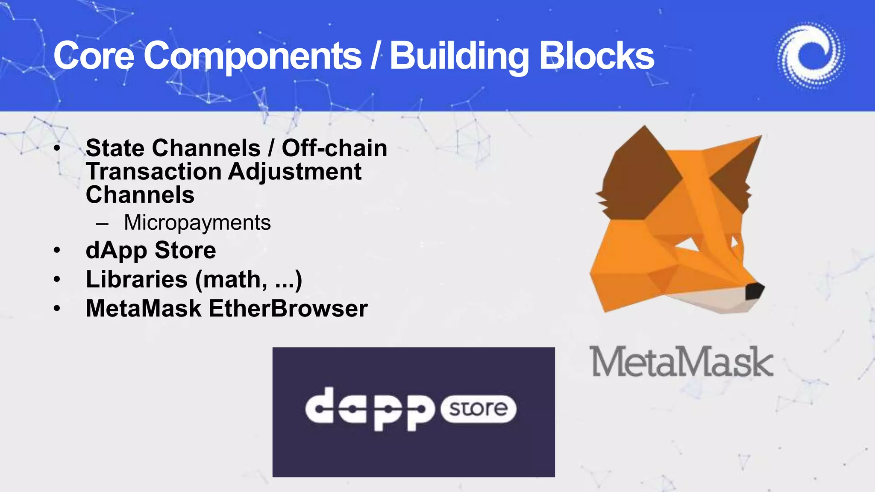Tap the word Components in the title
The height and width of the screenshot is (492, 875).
[253, 56]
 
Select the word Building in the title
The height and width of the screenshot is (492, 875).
[459, 56]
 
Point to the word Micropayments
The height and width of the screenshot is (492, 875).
[197, 223]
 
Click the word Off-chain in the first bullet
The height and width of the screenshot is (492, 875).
[335, 148]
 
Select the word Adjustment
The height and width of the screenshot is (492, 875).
[294, 172]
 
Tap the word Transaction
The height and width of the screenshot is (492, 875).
[154, 172]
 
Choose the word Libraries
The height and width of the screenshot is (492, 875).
[137, 279]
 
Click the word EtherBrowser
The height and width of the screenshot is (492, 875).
[288, 308]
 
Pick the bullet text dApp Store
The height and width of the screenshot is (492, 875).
[151, 250]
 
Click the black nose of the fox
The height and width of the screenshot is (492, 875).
[754, 291]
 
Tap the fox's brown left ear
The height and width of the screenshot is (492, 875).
[641, 171]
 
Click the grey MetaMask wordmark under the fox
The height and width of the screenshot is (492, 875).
[681, 362]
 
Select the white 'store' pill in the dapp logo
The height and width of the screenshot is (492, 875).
[479, 409]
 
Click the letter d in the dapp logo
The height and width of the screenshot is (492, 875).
[320, 406]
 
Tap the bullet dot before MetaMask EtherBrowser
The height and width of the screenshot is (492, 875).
[57, 308]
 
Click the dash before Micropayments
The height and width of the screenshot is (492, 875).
[103, 223]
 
